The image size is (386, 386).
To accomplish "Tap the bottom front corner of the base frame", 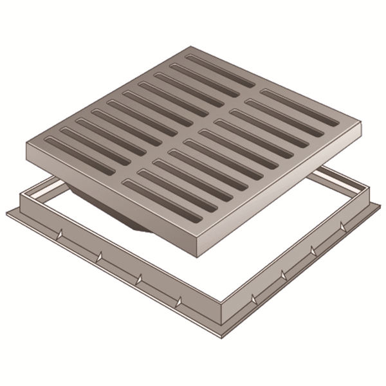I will click(222, 339).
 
